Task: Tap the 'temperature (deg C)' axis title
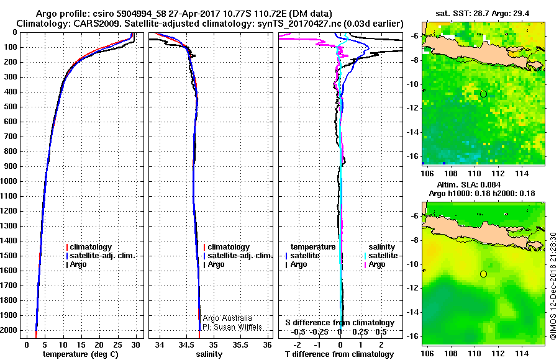click(x=80, y=354)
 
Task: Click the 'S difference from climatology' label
click(x=340, y=323)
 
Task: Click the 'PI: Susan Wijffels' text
click(x=232, y=327)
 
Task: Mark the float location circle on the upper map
click(x=483, y=94)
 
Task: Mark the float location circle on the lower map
click(x=483, y=274)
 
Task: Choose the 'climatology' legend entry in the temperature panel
click(x=91, y=247)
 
